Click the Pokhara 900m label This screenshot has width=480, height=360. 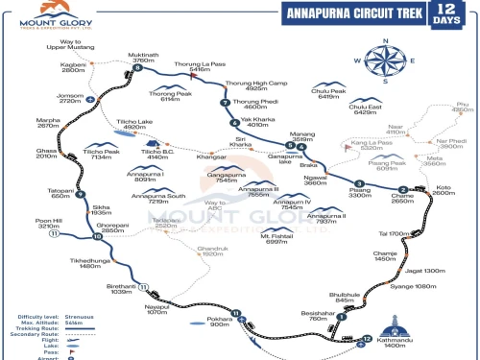coord(221,322)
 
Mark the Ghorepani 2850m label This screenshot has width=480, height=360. coord(115,228)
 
